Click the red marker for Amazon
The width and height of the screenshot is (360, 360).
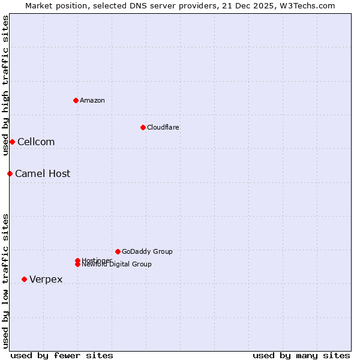pos(76,100)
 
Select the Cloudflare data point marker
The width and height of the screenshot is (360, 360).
pos(143,127)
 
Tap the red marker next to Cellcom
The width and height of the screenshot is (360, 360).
pos(12,142)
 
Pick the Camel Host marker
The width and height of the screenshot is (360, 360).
pos(10,173)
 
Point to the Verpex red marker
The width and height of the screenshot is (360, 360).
pos(24,279)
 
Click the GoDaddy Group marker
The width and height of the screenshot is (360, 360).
pos(118,251)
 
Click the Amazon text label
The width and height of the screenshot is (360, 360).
pos(92,100)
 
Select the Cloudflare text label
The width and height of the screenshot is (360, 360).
pos(163,127)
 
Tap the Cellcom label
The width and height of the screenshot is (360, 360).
pos(36,142)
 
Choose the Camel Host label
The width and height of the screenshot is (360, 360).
pos(43,173)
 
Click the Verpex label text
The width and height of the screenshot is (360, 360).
pos(46,279)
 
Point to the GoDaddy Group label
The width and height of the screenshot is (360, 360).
pos(147,251)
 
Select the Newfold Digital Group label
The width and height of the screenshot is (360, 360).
pos(117,265)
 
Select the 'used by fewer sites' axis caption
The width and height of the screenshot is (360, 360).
pos(62,355)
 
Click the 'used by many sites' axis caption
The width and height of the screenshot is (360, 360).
pos(301,355)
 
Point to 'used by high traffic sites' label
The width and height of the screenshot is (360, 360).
pos(5,85)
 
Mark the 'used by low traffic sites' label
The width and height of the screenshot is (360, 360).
pos(5,280)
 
